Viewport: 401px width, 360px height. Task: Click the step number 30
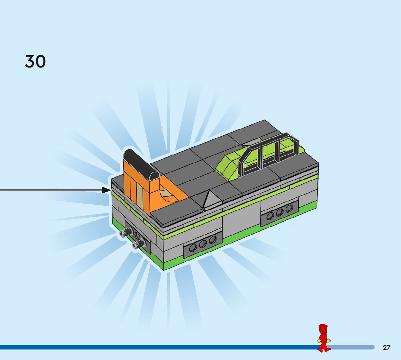(35, 62)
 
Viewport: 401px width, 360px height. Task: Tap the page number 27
(386, 348)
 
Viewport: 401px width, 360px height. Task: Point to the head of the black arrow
(107, 190)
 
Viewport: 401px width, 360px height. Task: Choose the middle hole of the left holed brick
(203, 244)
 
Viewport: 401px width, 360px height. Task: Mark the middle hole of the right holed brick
(280, 212)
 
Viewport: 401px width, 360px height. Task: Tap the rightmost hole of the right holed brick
(289, 208)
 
